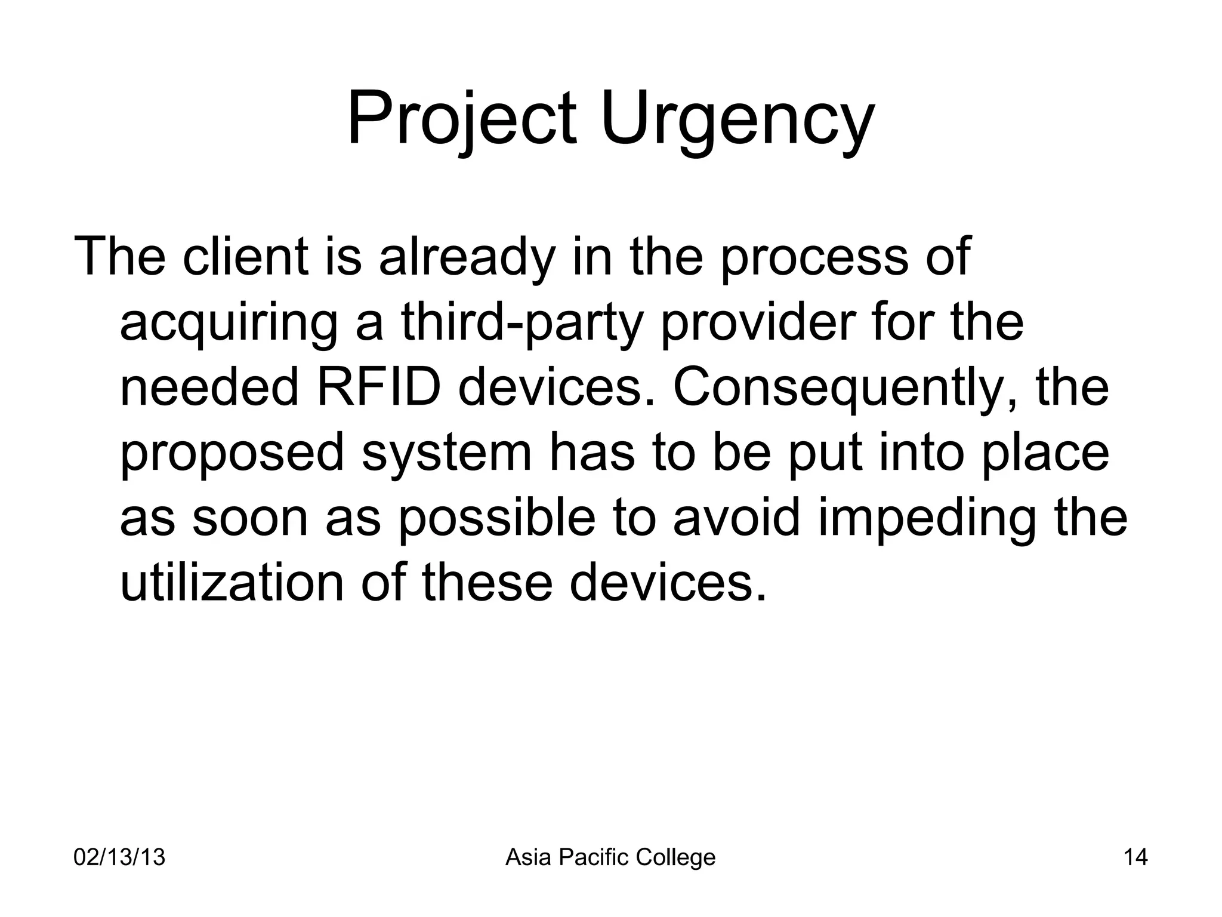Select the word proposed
[x=233, y=453]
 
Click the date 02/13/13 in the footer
[x=119, y=858]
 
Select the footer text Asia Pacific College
[x=610, y=858]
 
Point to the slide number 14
[x=1135, y=858]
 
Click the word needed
[x=209, y=387]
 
